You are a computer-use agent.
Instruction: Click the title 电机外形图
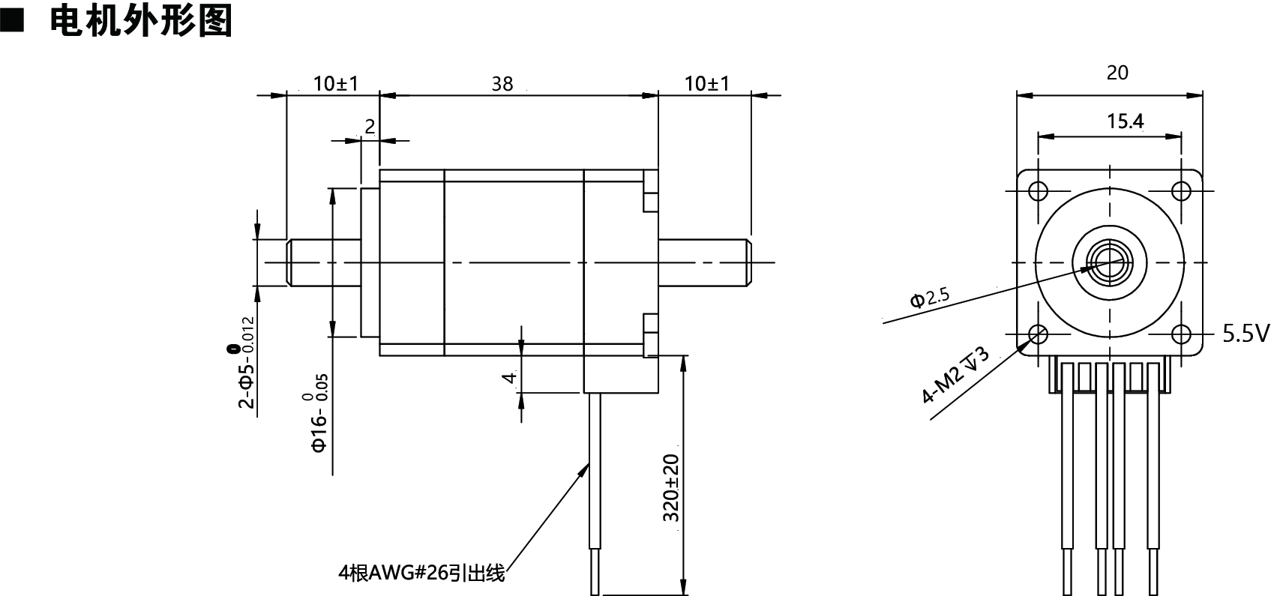[140, 21]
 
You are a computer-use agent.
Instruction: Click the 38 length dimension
[502, 83]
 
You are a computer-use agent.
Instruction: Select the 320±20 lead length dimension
[671, 488]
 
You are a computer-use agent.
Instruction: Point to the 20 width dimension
[1117, 73]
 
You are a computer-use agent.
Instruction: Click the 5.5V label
[1246, 333]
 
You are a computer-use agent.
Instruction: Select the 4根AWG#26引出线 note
[422, 574]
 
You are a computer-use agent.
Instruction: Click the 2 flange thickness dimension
[370, 127]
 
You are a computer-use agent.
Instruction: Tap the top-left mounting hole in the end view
[1039, 190]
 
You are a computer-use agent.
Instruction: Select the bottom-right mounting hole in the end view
[1181, 334]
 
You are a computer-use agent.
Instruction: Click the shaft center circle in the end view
[1110, 262]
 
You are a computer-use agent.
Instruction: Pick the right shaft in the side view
[705, 262]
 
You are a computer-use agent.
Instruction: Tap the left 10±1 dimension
[336, 83]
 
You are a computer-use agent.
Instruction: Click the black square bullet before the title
[13, 21]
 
